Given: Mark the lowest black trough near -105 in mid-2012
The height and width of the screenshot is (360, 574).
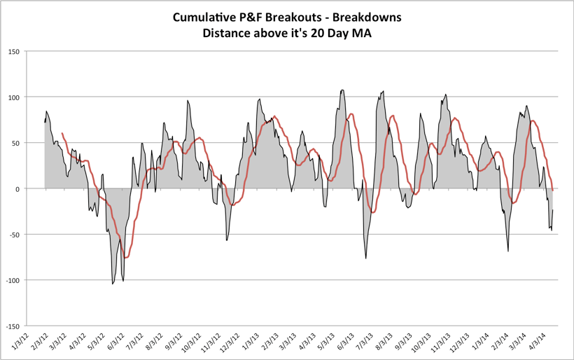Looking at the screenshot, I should (x=113, y=284).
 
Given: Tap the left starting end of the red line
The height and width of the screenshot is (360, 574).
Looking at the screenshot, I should (x=62, y=133).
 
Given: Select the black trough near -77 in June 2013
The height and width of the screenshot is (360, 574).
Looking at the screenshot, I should (x=366, y=258).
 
